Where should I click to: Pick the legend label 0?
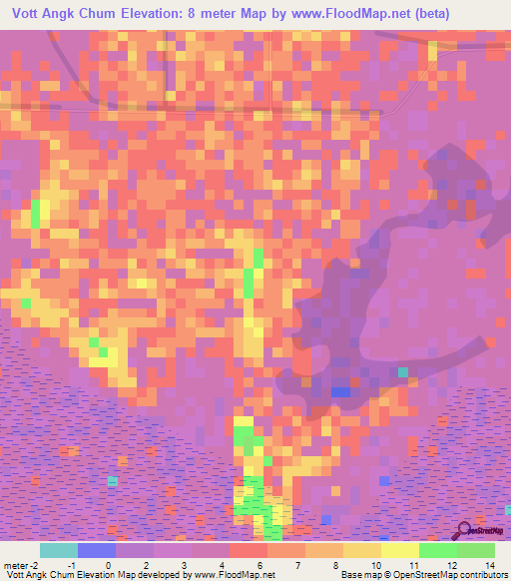[x=109, y=564]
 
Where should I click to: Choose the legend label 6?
[x=259, y=564]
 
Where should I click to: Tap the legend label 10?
[x=374, y=564]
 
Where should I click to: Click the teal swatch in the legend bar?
[x=59, y=550]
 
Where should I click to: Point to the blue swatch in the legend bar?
[x=97, y=550]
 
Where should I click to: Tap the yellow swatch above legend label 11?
[x=400, y=550]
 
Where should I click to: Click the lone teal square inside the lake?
[x=403, y=371]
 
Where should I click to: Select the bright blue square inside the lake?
[x=340, y=391]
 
